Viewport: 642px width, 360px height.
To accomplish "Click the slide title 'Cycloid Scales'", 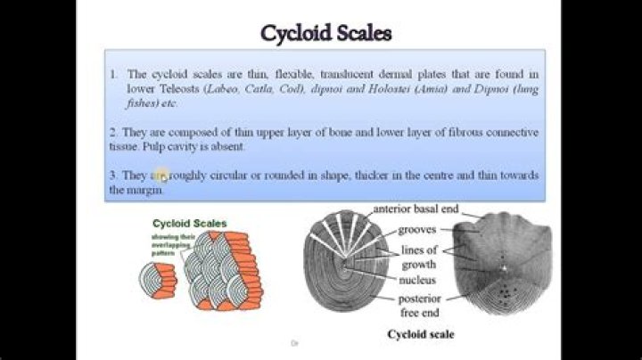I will point(325,33).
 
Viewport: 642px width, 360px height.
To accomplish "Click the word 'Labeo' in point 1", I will point(222,90).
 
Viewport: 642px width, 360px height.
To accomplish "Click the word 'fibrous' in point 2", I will point(440,133).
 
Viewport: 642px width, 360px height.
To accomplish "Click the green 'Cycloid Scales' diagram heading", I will point(190,223).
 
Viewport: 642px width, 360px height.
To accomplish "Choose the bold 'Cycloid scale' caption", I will point(420,334).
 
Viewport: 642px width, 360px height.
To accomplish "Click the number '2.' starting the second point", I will point(113,133).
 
